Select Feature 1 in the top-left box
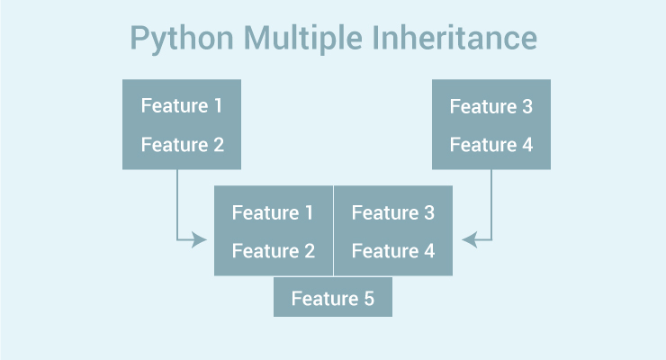[182, 106]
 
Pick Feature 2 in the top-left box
[182, 144]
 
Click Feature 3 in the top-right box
[491, 106]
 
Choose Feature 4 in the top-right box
[491, 144]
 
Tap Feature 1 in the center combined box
[273, 213]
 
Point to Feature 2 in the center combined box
[273, 251]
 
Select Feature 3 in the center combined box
[393, 213]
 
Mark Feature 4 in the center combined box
[393, 251]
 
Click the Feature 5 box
[333, 298]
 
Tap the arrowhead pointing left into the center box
[469, 239]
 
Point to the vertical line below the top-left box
[177, 202]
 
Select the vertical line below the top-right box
[491, 202]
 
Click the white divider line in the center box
[333, 230]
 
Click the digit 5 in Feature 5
[368, 298]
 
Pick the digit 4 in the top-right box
[526, 144]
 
